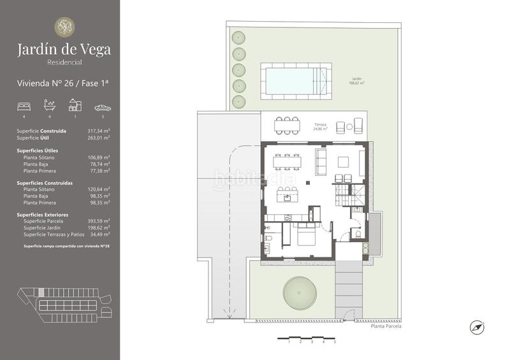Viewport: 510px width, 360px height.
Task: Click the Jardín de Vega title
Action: click(64, 48)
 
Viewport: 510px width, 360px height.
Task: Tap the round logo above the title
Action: click(64, 27)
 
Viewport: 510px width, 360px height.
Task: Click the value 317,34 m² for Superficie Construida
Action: click(99, 131)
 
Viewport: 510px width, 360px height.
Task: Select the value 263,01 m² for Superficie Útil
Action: click(99, 137)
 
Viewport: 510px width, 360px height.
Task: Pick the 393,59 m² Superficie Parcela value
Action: click(99, 221)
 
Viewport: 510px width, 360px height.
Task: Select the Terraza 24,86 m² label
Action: click(320, 126)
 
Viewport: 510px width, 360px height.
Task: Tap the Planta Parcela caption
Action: click(386, 326)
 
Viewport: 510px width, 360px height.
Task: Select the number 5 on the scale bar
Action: click(335, 342)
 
